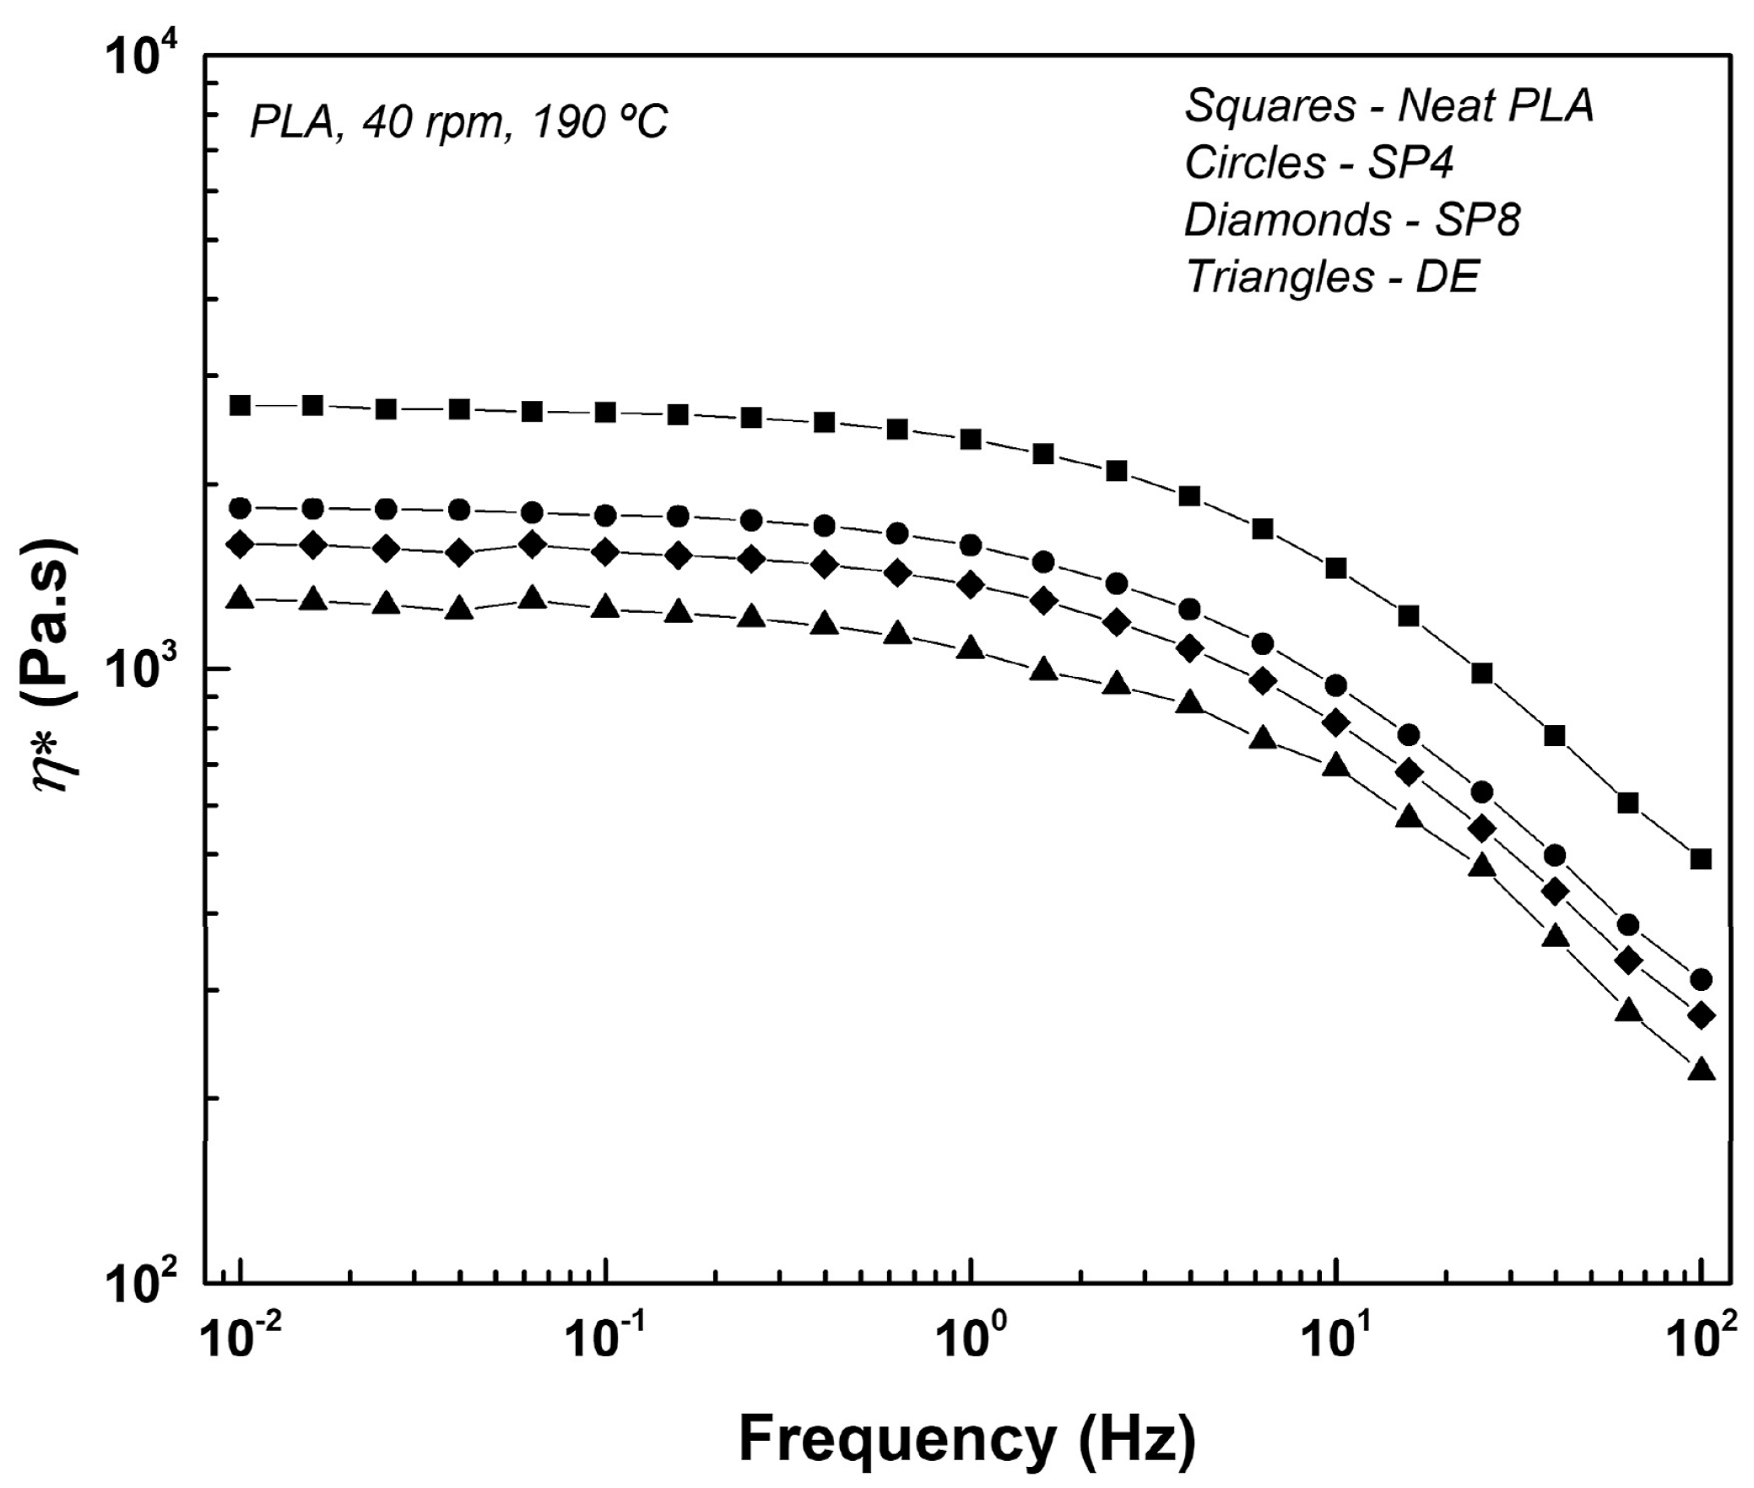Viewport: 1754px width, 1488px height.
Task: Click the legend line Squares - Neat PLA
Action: [1389, 107]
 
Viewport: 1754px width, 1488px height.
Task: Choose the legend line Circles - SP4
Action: [1318, 163]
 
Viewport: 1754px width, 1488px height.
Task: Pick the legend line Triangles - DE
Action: [1333, 277]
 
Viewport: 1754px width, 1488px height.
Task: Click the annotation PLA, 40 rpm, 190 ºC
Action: [458, 123]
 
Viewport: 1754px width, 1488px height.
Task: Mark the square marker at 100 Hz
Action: [1701, 860]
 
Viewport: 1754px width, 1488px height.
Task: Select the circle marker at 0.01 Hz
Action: [241, 508]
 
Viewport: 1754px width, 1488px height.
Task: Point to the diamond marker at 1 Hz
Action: [972, 584]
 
